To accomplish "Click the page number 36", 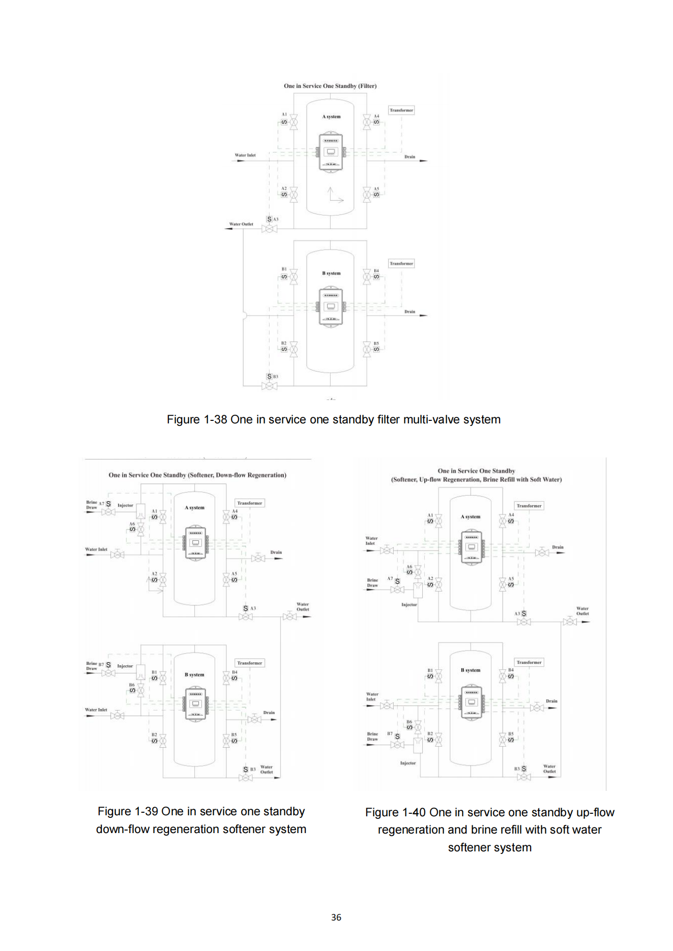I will pos(336,917).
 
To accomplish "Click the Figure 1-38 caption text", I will pos(333,420).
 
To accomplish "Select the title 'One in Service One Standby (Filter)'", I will pos(330,86).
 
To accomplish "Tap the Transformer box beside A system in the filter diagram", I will pos(401,110).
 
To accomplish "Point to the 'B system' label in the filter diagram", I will pos(331,273).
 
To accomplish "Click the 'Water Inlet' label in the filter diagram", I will pos(245,156).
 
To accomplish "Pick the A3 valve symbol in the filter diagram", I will pos(269,229).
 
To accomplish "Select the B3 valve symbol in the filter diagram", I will pos(269,386).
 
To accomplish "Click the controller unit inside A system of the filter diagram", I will pos(331,152).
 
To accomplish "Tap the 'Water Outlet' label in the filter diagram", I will pos(241,224).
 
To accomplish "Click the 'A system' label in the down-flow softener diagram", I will pos(194,508).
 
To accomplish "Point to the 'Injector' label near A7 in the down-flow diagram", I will pos(125,505).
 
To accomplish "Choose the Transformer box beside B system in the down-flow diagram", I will pos(250,663).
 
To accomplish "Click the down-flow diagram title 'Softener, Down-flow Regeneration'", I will pos(197,475).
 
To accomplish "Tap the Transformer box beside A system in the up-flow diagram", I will pos(529,506).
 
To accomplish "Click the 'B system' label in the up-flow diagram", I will pos(471,670).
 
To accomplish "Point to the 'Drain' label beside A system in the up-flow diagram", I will pos(558,547).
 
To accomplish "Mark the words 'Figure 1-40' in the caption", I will pos(395,813).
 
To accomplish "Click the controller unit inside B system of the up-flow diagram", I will pos(472,702).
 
